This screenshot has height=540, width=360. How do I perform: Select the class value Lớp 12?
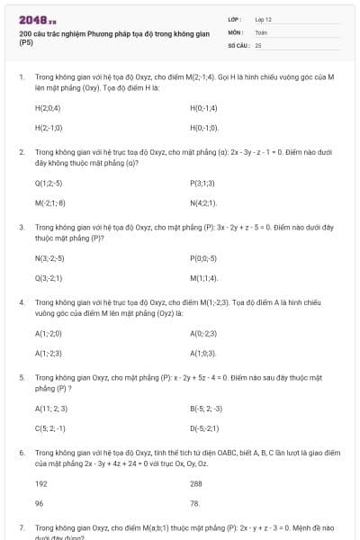[263, 19]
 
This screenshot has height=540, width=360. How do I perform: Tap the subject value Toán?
[261, 31]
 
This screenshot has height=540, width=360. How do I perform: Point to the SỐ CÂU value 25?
[258, 44]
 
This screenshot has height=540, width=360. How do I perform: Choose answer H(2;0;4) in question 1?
[48, 107]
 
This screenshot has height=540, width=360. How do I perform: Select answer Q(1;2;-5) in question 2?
[48, 183]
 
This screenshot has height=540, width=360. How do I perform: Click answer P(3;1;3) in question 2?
[202, 183]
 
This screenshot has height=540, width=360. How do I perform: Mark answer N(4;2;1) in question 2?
[203, 202]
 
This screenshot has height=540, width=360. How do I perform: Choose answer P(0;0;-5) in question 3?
[203, 258]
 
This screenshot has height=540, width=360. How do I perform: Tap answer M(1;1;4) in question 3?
[203, 278]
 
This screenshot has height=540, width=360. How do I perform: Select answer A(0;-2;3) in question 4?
[203, 334]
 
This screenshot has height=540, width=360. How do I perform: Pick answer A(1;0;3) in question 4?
[202, 354]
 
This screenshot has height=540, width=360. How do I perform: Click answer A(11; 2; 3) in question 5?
[50, 409]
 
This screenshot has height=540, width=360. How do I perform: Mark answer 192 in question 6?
[40, 483]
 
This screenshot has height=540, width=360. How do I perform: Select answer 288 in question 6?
[196, 483]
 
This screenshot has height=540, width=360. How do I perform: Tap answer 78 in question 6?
[195, 503]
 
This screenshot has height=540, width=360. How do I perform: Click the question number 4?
[22, 302]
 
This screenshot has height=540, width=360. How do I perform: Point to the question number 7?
[22, 528]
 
